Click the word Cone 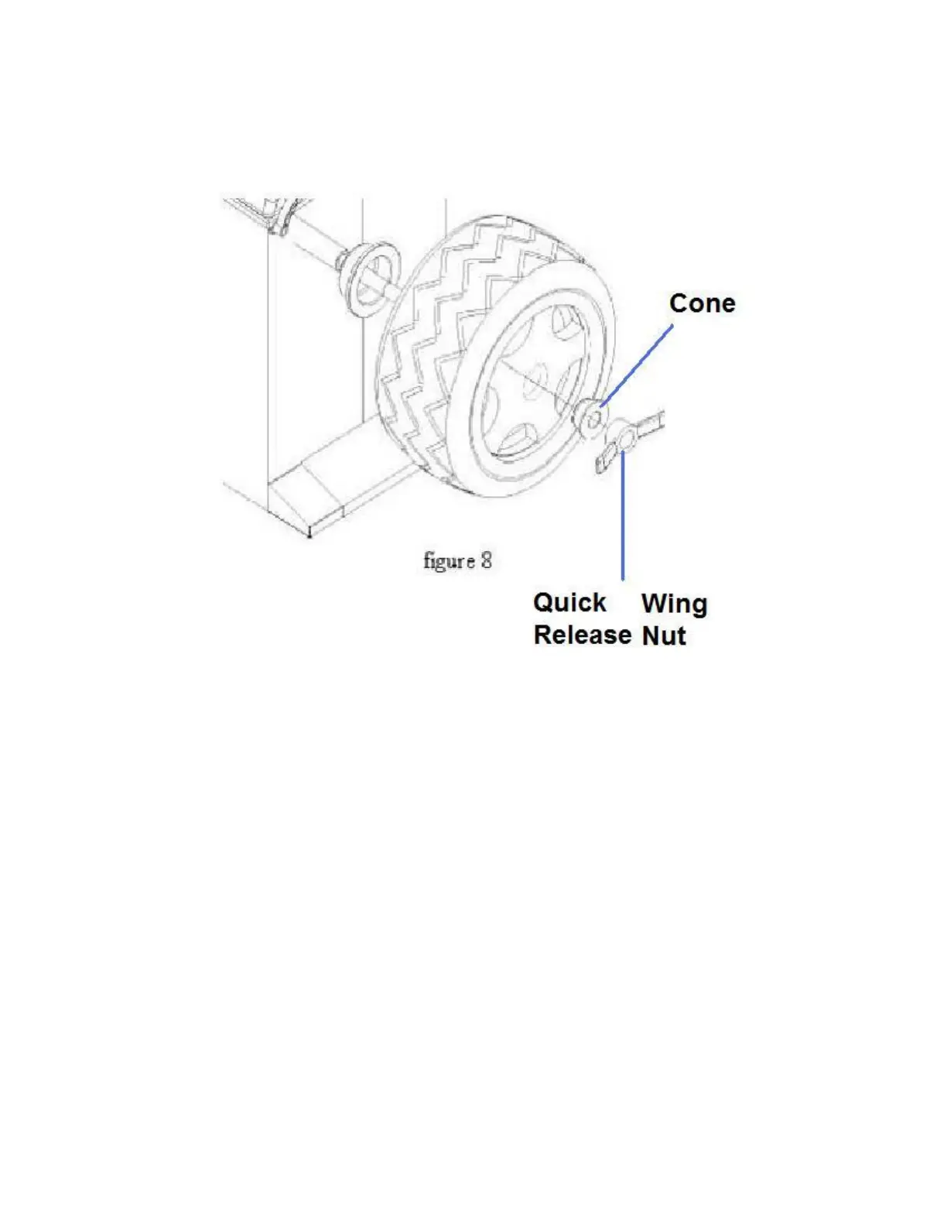(702, 303)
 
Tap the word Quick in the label (569, 602)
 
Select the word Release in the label (582, 635)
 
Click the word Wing (674, 604)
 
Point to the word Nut (664, 635)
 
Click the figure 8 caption (457, 560)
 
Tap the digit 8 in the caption (486, 560)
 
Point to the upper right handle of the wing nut (650, 423)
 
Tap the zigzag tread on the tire (426, 325)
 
